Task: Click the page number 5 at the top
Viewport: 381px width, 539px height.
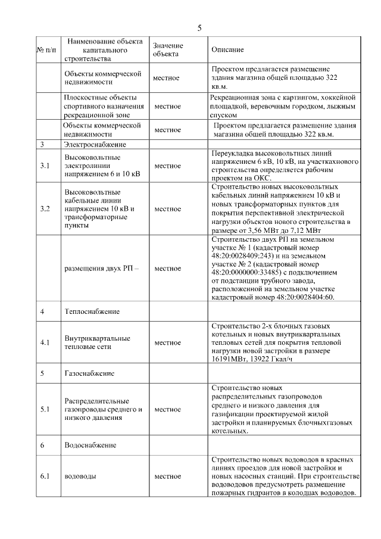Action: coord(199,28)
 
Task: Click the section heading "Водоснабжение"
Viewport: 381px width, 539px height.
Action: coord(90,445)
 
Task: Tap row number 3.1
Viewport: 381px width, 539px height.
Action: coord(45,166)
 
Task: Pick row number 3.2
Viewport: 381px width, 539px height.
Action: coord(45,209)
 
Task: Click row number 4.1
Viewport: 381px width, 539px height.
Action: coord(45,342)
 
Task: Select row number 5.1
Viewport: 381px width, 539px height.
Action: coord(45,409)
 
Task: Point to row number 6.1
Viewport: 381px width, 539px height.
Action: coord(45,476)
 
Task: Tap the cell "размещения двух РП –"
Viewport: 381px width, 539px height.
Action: coord(101,268)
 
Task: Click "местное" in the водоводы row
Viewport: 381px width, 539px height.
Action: coord(167,476)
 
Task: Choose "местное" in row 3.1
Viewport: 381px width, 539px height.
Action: coord(167,166)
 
